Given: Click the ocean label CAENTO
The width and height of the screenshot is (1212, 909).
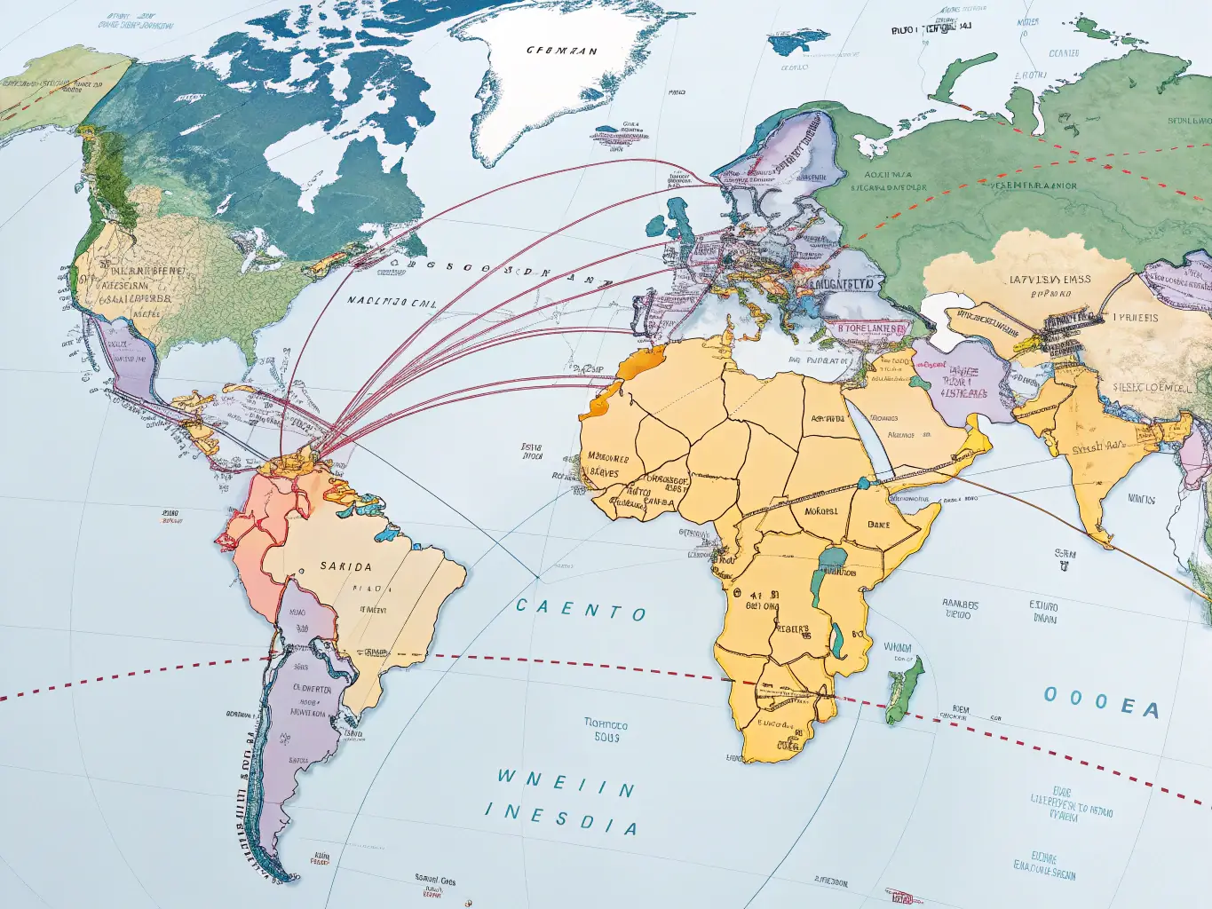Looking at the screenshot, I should click(x=581, y=610).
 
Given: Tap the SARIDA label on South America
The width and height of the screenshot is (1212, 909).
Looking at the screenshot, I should click(x=345, y=566).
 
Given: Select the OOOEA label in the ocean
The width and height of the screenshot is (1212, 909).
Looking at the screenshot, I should click(x=1101, y=701).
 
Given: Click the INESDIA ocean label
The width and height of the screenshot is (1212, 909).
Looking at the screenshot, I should click(x=561, y=819).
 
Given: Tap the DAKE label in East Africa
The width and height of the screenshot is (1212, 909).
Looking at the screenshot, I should click(x=878, y=525).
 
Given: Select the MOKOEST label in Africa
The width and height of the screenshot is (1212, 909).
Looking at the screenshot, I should click(x=820, y=511).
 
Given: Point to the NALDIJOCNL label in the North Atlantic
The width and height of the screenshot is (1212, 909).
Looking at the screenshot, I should click(x=392, y=302).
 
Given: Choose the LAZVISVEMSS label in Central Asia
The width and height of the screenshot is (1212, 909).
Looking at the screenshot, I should click(x=1050, y=280).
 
